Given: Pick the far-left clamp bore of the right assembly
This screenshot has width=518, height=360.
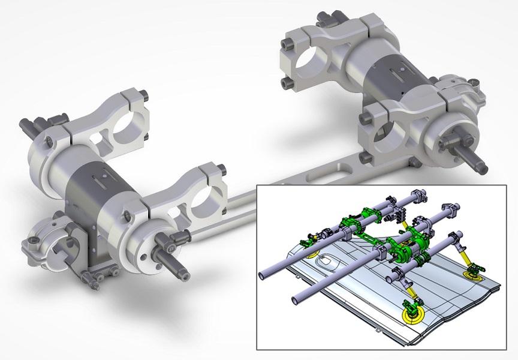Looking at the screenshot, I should [309, 62].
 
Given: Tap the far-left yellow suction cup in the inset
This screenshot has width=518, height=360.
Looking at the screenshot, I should [312, 253].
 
